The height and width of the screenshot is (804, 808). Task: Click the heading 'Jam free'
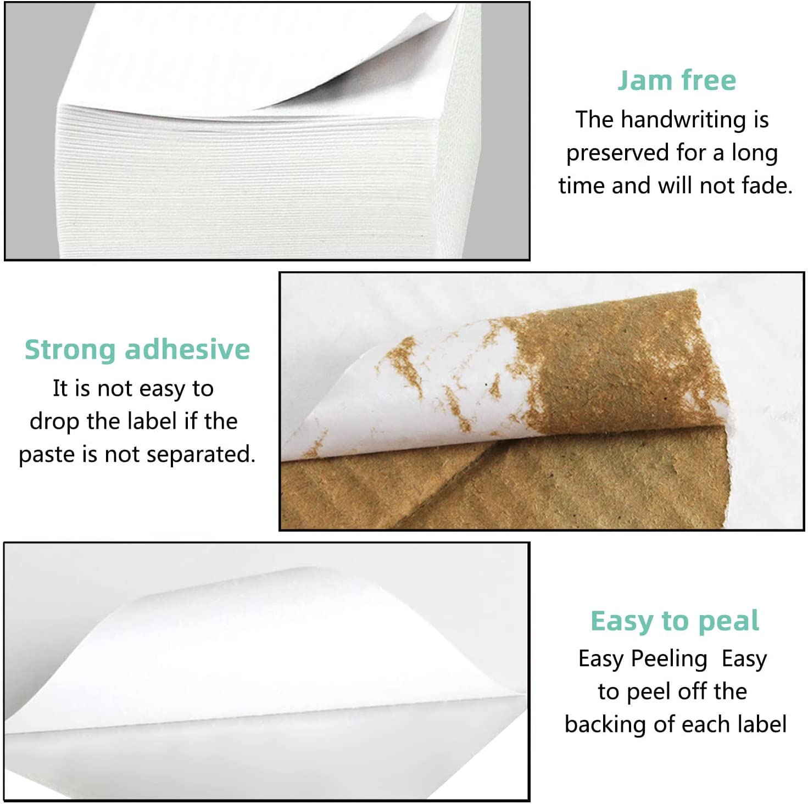pyautogui.click(x=676, y=80)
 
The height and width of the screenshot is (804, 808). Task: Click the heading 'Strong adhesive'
pyautogui.click(x=137, y=350)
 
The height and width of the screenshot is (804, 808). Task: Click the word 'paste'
pyautogui.click(x=46, y=455)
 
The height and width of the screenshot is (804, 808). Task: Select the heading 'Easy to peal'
pyautogui.click(x=675, y=621)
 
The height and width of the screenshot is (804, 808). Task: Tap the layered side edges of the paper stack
pyautogui.click(x=247, y=181)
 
